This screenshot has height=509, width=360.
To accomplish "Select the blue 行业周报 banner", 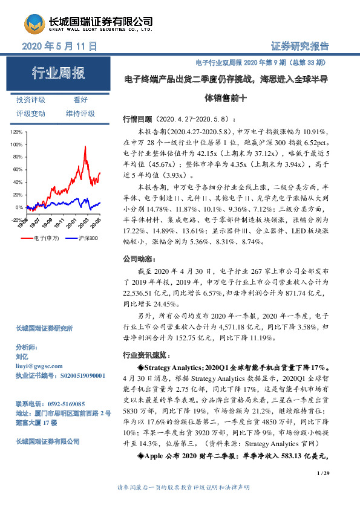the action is click(59, 74).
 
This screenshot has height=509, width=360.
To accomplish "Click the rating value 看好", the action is click(80, 100).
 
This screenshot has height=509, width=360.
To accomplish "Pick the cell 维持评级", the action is click(80, 114).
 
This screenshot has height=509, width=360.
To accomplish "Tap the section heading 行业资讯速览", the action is click(142, 354).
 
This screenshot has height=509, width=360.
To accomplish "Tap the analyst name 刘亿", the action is click(22, 357).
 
